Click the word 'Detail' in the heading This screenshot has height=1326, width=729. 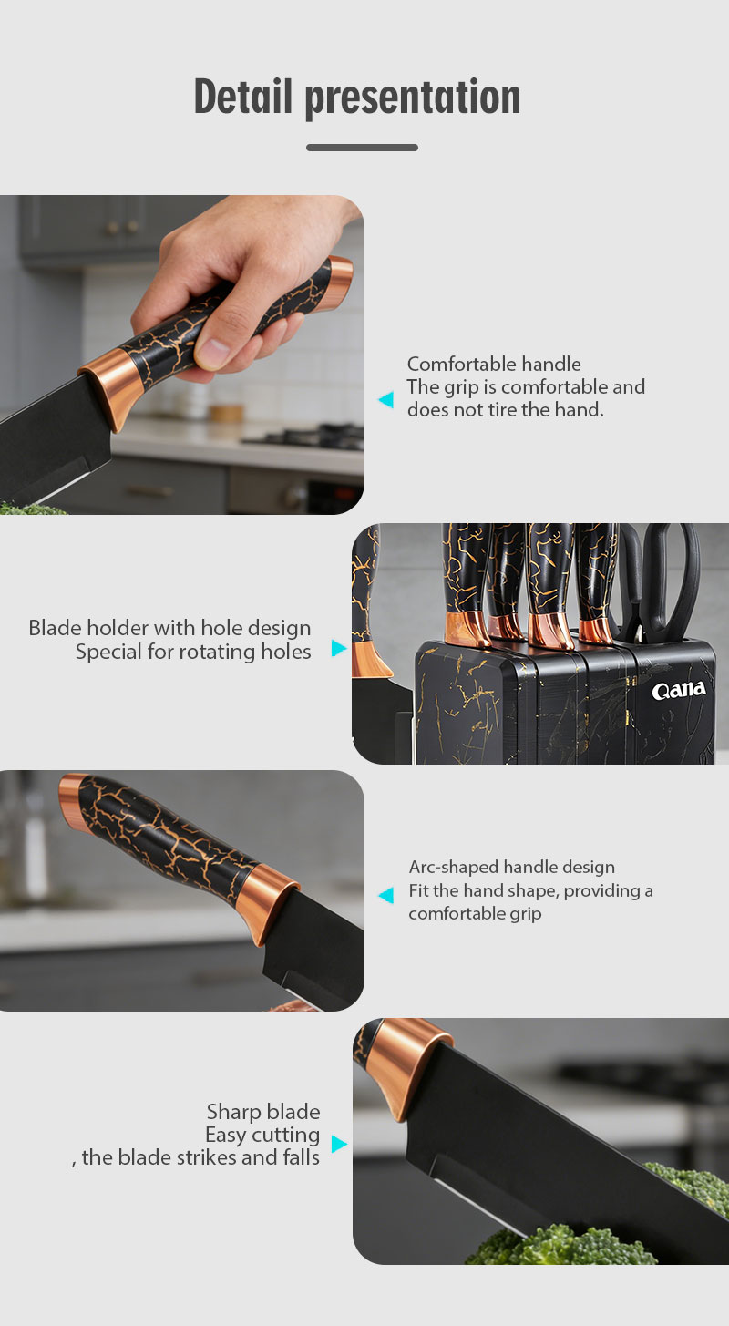tap(243, 96)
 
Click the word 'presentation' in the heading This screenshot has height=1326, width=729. tap(413, 98)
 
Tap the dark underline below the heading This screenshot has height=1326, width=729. tap(362, 148)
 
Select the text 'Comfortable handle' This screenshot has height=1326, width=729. tap(494, 364)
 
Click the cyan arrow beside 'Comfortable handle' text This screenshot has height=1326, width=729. tap(385, 399)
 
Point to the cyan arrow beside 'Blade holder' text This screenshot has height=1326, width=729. tap(338, 648)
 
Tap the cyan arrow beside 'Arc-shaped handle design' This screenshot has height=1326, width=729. tap(385, 895)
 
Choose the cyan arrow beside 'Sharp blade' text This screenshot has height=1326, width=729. tap(339, 1145)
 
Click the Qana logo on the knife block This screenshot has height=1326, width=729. tap(679, 690)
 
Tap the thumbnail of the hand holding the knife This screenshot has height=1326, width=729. tap(181, 355)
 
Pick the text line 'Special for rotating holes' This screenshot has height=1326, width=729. tap(193, 652)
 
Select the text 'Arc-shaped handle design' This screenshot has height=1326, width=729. tap(512, 868)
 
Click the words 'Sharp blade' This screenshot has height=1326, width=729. tap(263, 1112)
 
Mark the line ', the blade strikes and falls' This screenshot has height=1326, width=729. tap(195, 1157)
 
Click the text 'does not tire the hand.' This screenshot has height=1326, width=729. tap(506, 409)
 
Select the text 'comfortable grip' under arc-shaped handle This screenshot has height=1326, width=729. tap(475, 913)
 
